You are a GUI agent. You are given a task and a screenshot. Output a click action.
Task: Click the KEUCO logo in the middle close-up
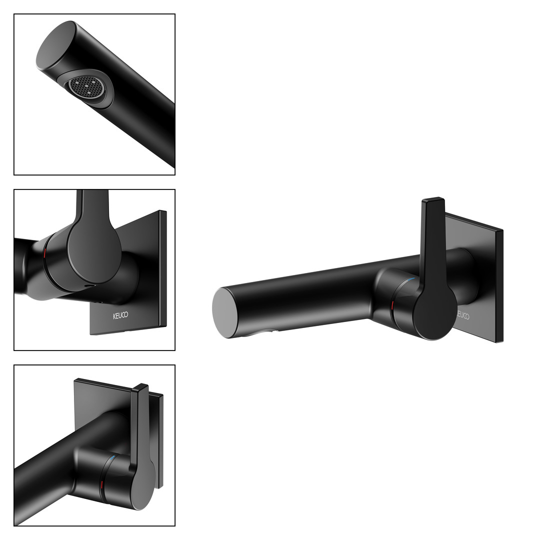(x=120, y=315)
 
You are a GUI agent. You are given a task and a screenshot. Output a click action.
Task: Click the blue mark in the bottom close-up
(x=113, y=458)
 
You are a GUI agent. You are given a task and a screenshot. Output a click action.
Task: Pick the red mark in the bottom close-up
(x=101, y=486)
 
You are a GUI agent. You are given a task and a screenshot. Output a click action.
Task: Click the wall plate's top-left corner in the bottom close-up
(x=74, y=379)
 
